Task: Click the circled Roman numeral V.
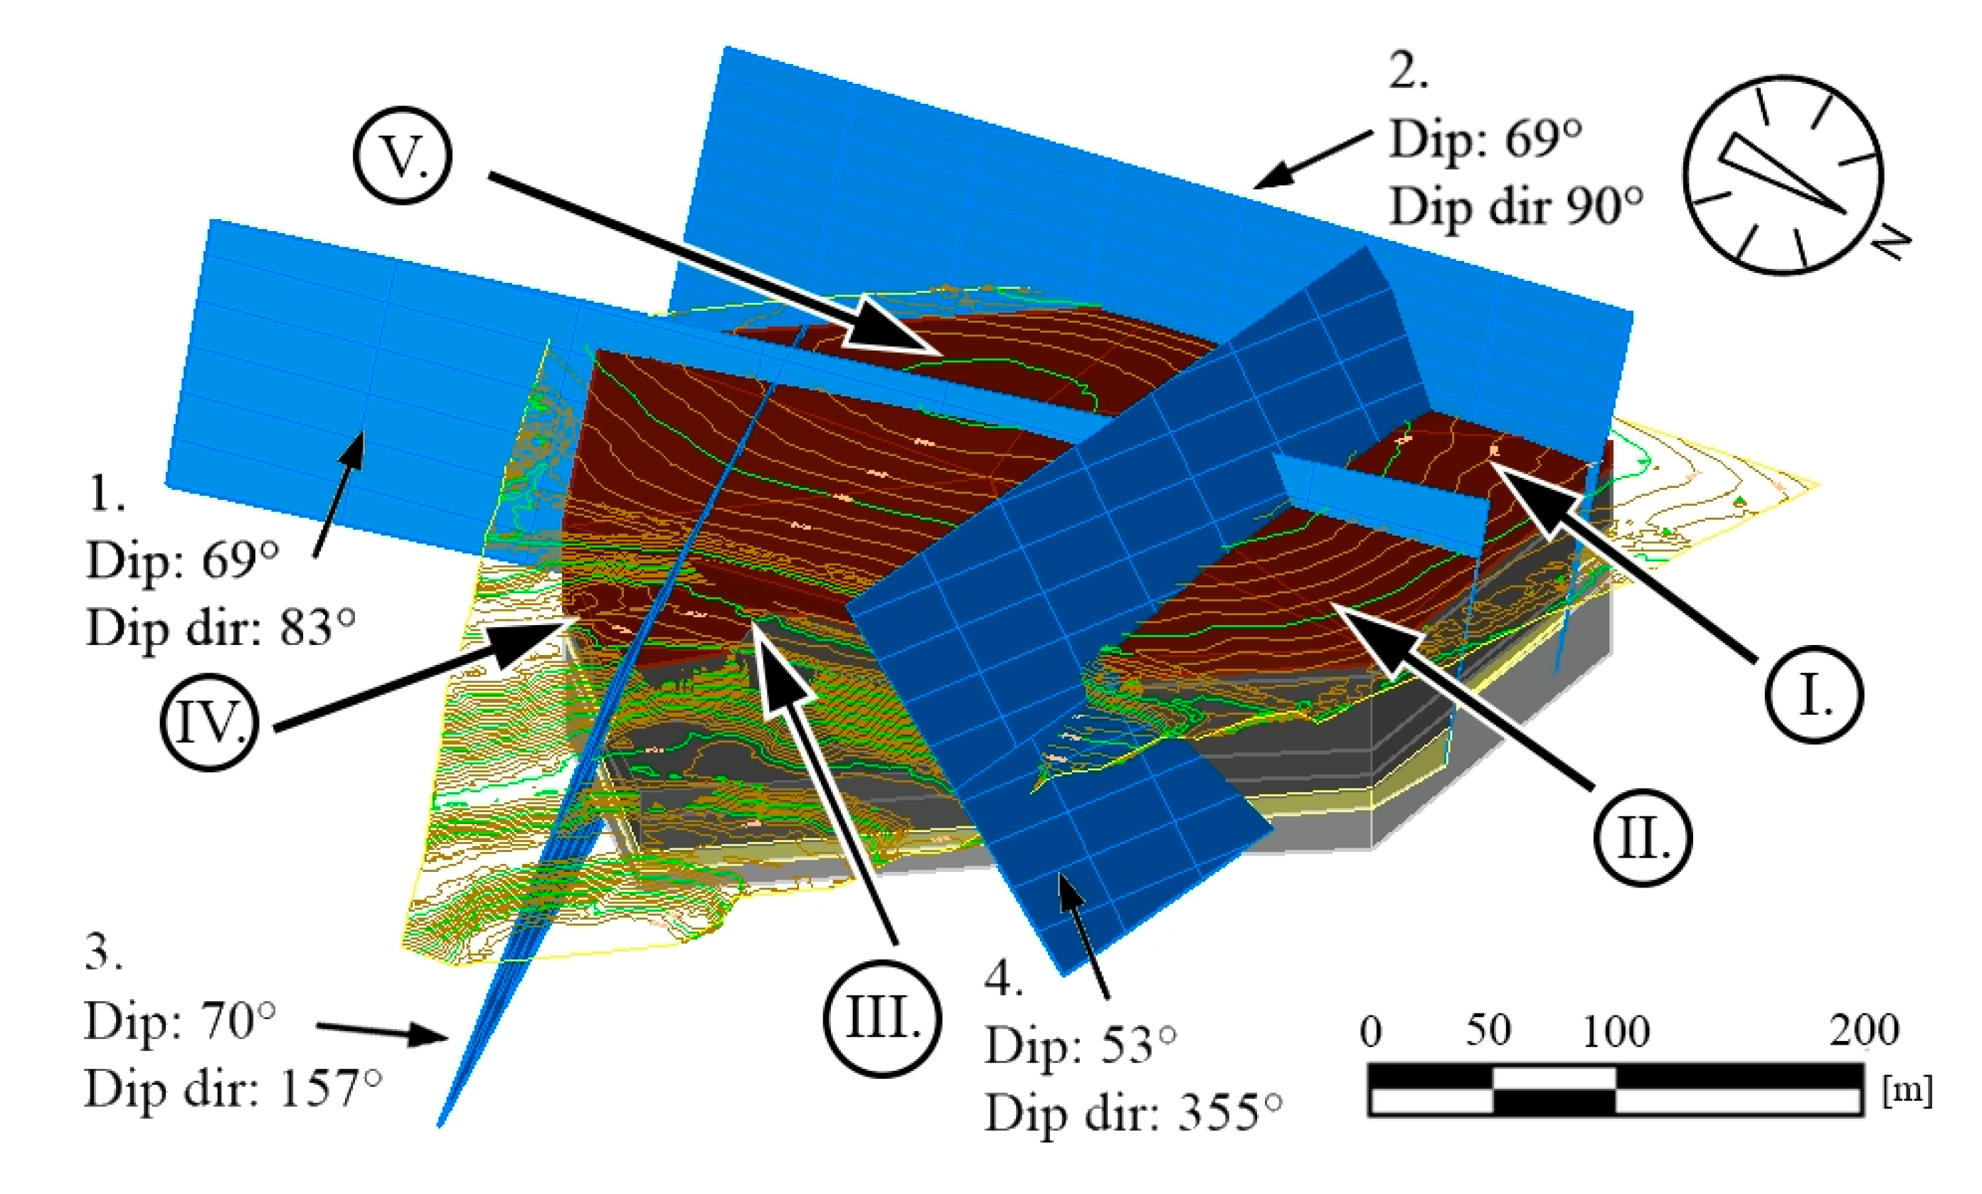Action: coord(402,155)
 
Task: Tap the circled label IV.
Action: coord(209,723)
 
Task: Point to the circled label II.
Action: coord(1643,838)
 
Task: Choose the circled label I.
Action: coord(1814,695)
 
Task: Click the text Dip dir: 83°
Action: coord(221,627)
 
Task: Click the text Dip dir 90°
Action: coord(1515,207)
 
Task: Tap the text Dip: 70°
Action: coord(179,1022)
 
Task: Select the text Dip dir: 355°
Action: coord(1133,1114)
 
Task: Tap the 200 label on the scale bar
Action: coord(1864,1030)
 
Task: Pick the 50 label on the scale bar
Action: coord(1488,1030)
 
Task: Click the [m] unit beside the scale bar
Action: coord(1907,1091)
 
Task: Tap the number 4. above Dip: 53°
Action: coord(1003,979)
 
